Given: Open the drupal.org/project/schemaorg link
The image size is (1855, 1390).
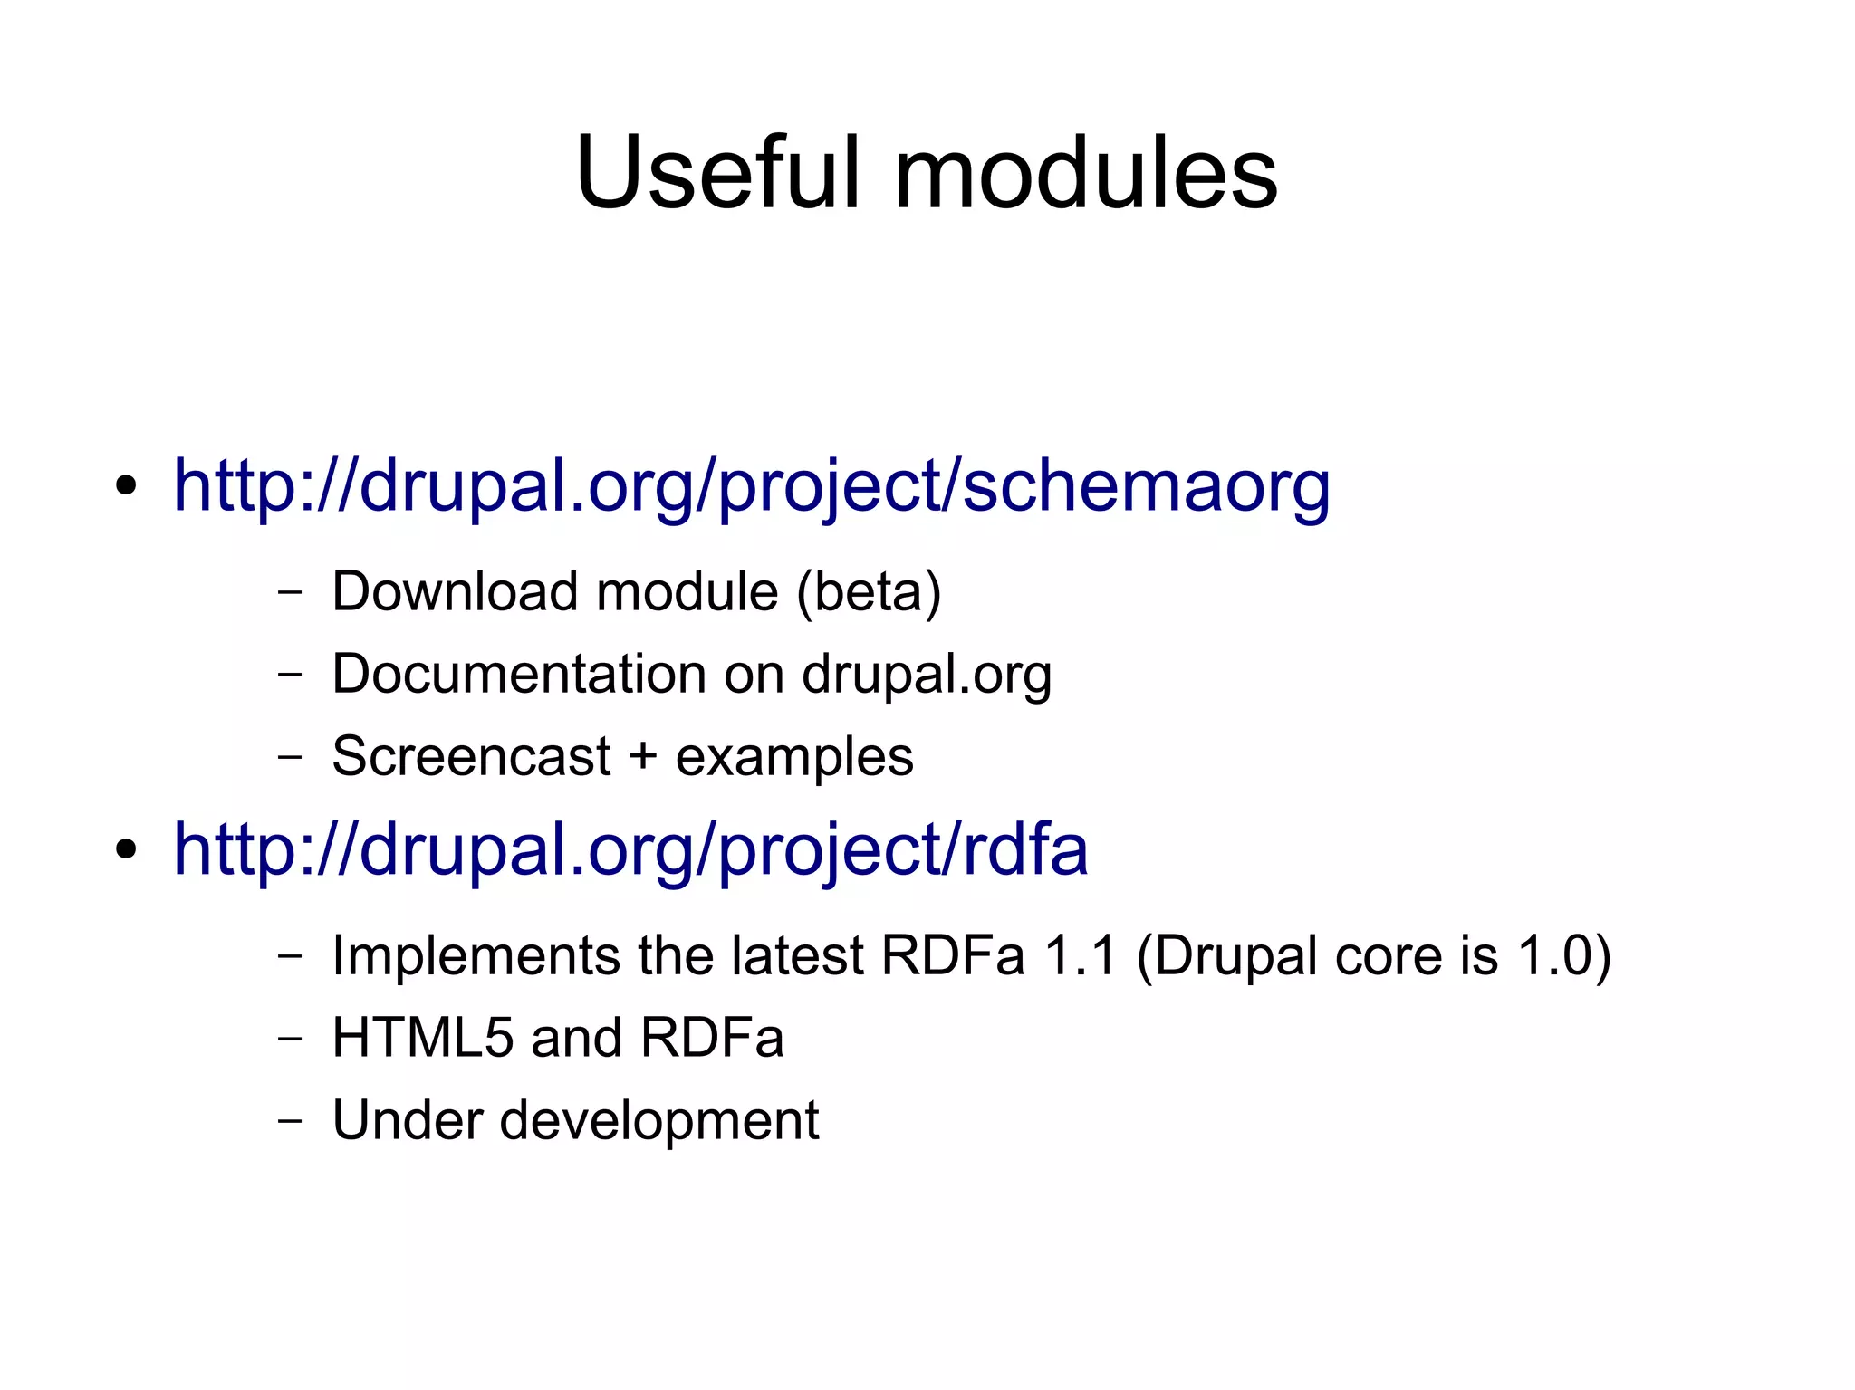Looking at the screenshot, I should pos(751,487).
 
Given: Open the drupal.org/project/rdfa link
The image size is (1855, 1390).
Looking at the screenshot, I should pos(630,849).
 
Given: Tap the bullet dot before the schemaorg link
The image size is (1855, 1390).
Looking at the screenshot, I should pos(126,486).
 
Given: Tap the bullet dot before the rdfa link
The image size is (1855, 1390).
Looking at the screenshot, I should pos(126,849).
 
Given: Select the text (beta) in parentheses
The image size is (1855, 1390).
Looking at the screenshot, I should pos(869,592).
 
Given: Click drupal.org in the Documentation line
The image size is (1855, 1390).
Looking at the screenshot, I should pos(926,676).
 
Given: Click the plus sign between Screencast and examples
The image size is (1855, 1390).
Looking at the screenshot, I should pos(643,756).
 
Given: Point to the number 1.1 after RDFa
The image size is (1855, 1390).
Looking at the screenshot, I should pos(1080,955).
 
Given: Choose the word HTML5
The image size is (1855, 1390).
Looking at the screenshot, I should pos(423,1038).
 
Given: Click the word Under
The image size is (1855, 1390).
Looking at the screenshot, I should pos(408,1120).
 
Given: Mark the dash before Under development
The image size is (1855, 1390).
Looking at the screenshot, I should pos(289,1121).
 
